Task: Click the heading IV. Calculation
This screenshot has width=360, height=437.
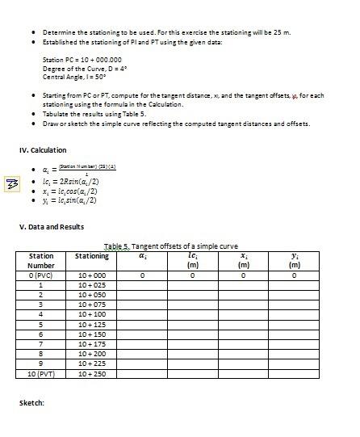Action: tap(42, 150)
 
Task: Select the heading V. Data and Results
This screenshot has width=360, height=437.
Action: tap(51, 226)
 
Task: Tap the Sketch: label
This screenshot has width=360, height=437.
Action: tap(31, 401)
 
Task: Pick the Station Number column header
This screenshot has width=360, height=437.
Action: tap(40, 260)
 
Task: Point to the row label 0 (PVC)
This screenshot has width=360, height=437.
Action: tap(40, 275)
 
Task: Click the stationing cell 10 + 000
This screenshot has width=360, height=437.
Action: tap(92, 275)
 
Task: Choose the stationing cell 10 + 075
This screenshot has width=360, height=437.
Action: tap(92, 305)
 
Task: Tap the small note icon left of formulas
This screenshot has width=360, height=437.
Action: tap(12, 184)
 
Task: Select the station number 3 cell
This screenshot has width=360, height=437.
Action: tap(40, 305)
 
